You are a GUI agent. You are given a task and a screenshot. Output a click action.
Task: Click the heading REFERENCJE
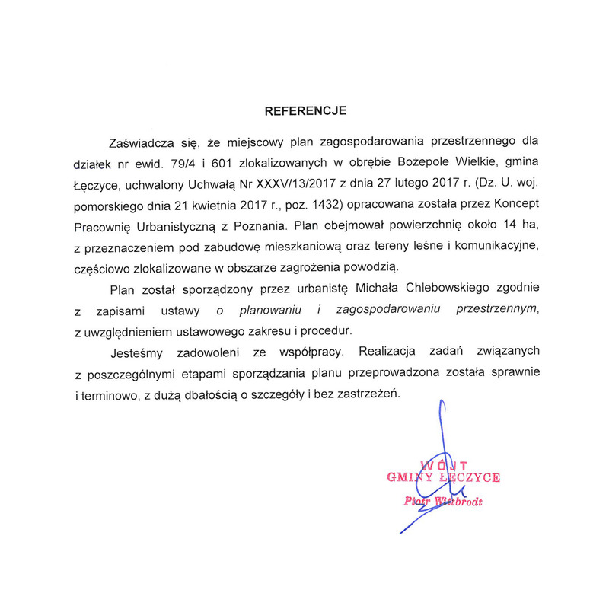(305, 111)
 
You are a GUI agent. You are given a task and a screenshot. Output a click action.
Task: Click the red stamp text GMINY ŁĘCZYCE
(444, 478)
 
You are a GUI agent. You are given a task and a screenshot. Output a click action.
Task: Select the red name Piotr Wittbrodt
(443, 501)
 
